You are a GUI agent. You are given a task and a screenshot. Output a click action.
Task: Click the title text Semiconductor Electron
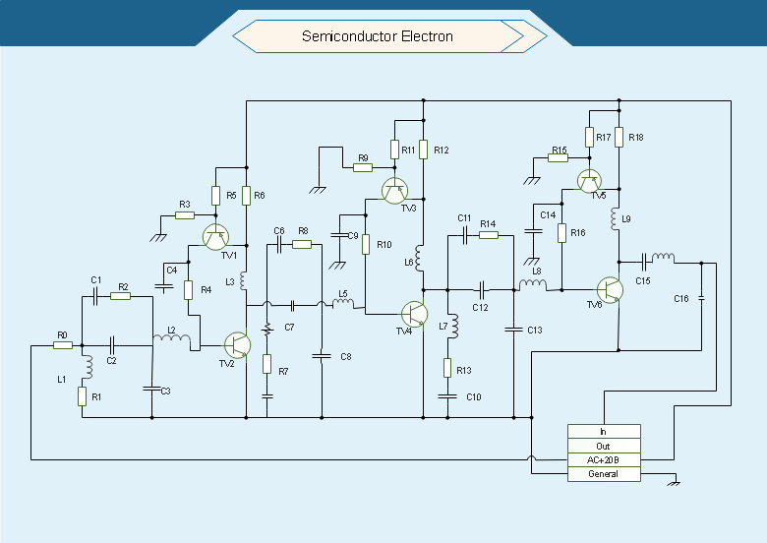tap(378, 36)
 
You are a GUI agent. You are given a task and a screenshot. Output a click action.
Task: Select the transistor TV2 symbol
tap(237, 345)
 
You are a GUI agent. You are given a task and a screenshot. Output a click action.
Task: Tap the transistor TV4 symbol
tap(414, 314)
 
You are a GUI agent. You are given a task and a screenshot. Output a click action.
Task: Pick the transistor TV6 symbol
tap(610, 290)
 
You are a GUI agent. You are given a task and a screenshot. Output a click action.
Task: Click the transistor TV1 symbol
tap(215, 237)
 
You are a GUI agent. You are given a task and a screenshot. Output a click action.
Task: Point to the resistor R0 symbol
tap(63, 345)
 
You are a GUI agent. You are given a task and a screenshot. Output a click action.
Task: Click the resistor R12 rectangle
tap(424, 150)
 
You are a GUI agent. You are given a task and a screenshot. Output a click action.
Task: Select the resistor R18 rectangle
tap(619, 137)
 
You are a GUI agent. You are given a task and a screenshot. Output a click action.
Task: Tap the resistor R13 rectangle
tap(447, 368)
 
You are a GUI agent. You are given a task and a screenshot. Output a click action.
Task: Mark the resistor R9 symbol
tap(363, 168)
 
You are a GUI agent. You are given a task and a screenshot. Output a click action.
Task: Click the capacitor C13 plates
tap(513, 330)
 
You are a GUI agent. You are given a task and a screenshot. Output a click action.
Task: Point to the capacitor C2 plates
tap(112, 345)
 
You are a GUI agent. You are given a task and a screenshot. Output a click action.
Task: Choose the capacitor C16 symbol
tap(701, 298)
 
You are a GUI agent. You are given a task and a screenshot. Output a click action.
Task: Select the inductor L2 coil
tap(172, 336)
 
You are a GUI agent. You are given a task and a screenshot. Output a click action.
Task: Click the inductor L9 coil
tap(615, 218)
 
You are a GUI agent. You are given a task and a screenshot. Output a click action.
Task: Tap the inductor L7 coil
tap(454, 327)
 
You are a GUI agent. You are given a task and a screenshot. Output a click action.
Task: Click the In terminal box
tap(604, 432)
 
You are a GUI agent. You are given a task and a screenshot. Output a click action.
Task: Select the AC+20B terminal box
tap(604, 459)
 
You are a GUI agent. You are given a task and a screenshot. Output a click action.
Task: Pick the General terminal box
tap(604, 474)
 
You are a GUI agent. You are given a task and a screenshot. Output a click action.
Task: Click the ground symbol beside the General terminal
tap(675, 482)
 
